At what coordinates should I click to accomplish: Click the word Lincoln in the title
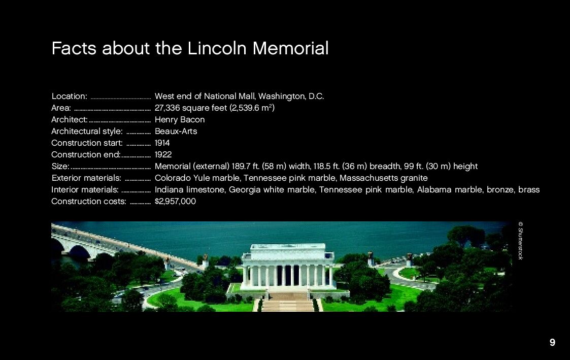pos(217,48)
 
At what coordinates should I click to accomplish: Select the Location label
pos(70,96)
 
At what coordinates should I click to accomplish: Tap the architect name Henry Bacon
pos(180,120)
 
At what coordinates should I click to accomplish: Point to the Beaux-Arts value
pos(176,132)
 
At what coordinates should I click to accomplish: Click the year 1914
pos(162,143)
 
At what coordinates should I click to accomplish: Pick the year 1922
pos(163,154)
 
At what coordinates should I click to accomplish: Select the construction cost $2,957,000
pos(175,202)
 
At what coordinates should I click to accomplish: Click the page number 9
pos(552,343)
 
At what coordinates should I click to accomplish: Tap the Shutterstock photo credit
pos(521,241)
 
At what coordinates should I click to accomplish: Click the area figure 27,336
pos(167,108)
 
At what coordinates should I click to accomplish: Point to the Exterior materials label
pos(86,178)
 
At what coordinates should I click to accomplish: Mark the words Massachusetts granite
pos(384,178)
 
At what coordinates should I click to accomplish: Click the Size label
pos(60,167)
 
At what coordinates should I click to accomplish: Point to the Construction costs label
pos(89,202)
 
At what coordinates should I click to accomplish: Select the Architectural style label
pos(87,132)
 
